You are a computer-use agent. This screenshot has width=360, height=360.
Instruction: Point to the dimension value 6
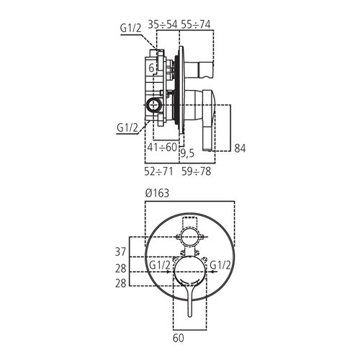(152, 67)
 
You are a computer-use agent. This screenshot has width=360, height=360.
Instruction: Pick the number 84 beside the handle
(242, 148)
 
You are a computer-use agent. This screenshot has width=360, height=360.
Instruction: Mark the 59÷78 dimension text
(196, 172)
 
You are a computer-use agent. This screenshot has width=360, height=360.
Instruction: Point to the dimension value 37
(120, 251)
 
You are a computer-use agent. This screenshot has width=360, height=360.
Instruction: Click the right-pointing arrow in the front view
(163, 274)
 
